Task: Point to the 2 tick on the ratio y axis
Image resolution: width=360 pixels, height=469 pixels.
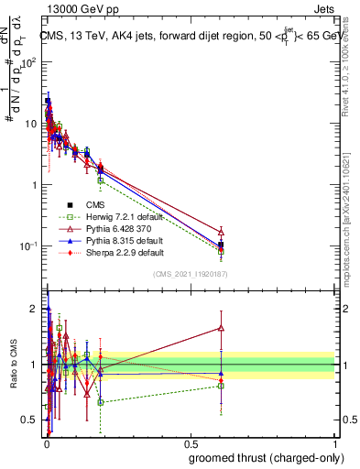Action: tap(34, 309)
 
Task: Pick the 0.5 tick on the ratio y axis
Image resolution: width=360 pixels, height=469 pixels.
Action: tap(31, 420)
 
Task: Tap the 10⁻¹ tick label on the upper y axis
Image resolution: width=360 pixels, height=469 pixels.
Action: tap(30, 245)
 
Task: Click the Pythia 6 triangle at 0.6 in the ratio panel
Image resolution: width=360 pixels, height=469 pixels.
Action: tap(221, 327)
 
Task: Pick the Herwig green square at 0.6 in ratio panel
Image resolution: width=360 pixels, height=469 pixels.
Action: tap(221, 386)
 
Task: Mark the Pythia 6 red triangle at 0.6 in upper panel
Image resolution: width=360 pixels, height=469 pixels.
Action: tap(221, 232)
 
